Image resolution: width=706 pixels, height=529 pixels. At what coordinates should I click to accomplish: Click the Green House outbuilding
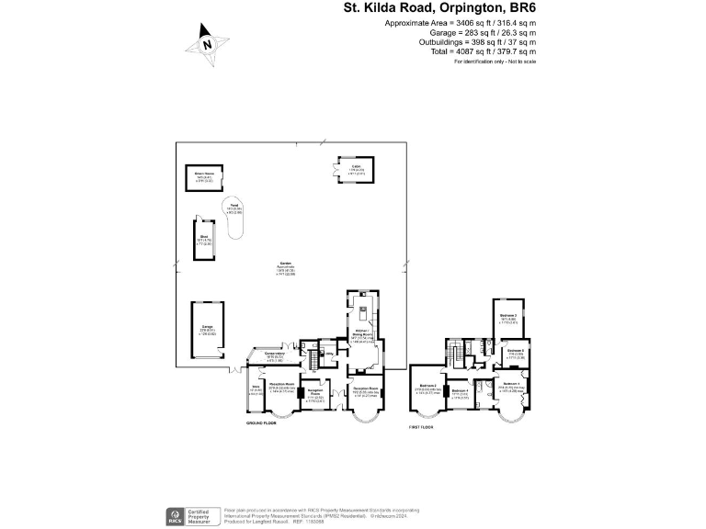tap(203, 176)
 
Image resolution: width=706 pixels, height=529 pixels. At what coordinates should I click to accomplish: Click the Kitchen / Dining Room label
tap(362, 335)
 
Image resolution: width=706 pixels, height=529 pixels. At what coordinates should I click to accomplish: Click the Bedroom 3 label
tap(508, 318)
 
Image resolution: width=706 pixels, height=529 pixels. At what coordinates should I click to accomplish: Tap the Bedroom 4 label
tap(461, 394)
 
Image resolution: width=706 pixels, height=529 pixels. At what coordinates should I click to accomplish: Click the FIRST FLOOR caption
tap(421, 427)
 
